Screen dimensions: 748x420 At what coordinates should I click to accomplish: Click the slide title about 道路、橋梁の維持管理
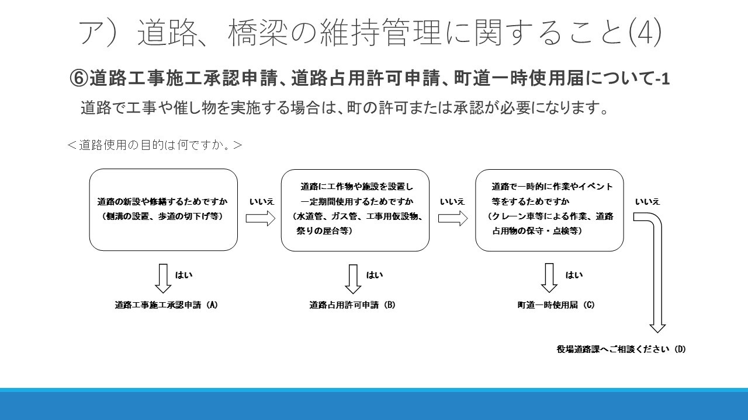(370, 32)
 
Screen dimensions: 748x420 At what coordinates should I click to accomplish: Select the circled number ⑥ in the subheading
(79, 79)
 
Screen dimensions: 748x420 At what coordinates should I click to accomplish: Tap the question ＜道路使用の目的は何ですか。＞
(155, 145)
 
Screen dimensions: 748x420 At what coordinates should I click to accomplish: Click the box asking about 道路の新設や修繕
(163, 209)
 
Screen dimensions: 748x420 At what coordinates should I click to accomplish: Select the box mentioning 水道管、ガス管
(355, 211)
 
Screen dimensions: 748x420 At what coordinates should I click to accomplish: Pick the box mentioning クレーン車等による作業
(549, 211)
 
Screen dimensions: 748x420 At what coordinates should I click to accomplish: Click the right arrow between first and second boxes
(261, 218)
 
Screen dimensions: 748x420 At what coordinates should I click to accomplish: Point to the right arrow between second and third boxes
(453, 218)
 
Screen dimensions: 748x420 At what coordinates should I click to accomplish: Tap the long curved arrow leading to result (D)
(657, 267)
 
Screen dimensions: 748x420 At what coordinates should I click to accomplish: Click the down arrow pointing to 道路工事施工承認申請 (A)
(163, 279)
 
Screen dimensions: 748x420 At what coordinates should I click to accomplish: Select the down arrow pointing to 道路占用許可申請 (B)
(353, 279)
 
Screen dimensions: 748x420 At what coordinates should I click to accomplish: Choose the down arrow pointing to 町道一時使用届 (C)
(549, 278)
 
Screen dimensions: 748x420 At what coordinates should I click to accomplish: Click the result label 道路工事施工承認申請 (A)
(167, 305)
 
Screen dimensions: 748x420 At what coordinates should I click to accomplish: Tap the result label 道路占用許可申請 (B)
(352, 305)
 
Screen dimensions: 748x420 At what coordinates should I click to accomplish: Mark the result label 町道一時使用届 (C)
(556, 305)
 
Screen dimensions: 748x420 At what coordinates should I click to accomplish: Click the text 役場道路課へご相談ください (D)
(621, 349)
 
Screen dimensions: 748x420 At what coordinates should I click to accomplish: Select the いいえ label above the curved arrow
(647, 202)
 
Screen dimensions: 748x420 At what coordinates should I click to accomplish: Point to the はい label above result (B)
(375, 275)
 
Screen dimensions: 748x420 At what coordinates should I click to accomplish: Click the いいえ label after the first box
(262, 202)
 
